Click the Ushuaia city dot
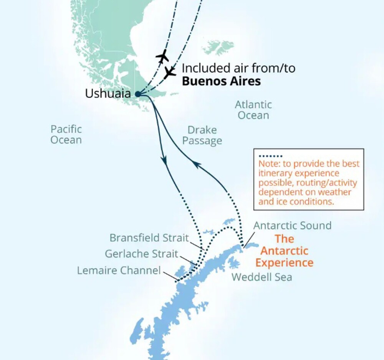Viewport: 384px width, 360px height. [138, 94]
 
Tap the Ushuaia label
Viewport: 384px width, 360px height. [108, 94]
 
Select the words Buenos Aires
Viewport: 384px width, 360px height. [221, 81]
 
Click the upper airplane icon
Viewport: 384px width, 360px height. [163, 56]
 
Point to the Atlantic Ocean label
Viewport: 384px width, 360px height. [253, 110]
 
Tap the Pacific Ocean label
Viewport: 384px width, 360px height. [66, 134]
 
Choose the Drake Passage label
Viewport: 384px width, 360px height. [202, 135]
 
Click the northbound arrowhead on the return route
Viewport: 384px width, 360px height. [197, 165]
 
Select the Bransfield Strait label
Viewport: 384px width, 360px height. [149, 238]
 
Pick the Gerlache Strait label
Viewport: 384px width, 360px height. [141, 254]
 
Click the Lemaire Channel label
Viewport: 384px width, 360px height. [119, 271]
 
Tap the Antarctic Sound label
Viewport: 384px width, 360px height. [292, 225]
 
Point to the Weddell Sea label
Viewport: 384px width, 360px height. [262, 277]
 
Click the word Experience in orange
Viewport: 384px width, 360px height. [285, 263]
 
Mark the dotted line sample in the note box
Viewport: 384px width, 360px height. [271, 156]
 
